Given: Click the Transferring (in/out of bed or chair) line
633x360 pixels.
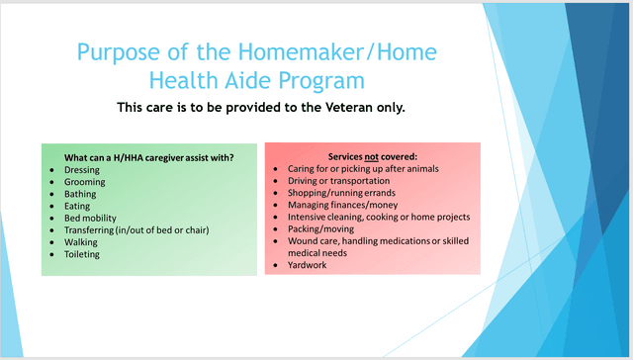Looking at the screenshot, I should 137,229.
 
